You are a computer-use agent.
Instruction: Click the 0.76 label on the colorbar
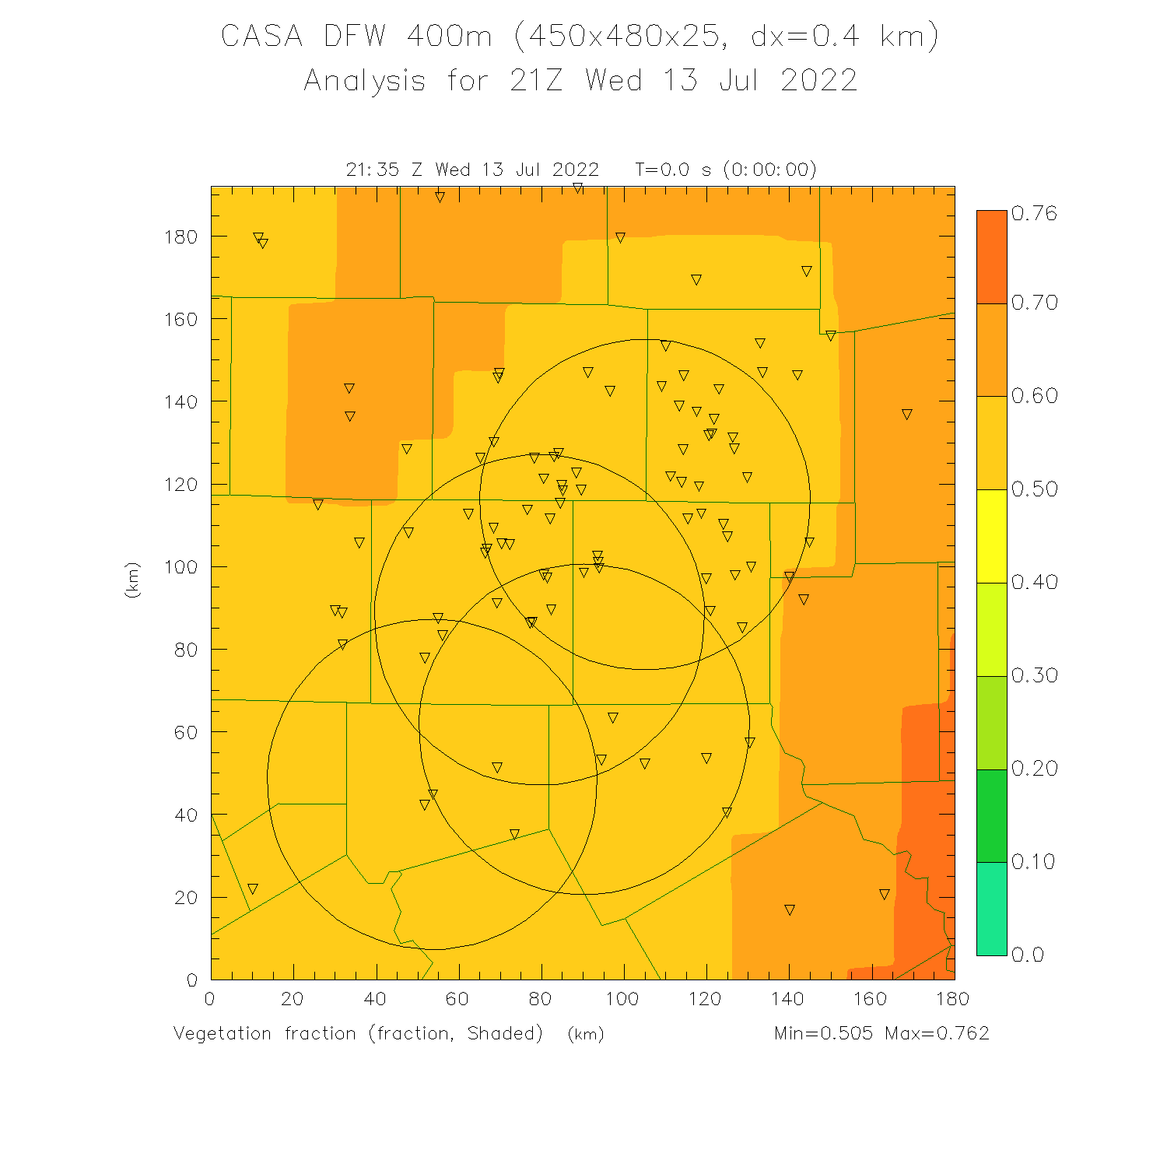[x=1034, y=214]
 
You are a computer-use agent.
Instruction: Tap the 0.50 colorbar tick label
[x=1034, y=489]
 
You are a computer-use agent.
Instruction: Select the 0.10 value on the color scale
[x=1033, y=862]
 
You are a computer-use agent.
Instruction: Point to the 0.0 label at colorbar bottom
[x=1027, y=955]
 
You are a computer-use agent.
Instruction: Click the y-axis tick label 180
[x=180, y=237]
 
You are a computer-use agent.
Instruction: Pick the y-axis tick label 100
[x=180, y=567]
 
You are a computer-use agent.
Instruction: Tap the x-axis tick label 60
[x=457, y=999]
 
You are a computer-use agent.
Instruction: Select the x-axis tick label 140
[x=788, y=999]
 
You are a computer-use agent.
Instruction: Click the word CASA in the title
[x=261, y=37]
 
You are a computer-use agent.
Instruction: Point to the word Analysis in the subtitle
[x=364, y=81]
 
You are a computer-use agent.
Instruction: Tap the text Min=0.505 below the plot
[x=823, y=1033]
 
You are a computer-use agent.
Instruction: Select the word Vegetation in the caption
[x=223, y=1033]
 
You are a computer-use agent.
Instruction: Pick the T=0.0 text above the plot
[x=662, y=170]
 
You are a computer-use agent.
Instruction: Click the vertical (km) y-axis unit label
[x=132, y=580]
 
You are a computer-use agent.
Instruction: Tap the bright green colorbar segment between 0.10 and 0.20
[x=991, y=815]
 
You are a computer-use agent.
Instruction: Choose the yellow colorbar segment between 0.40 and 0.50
[x=991, y=536]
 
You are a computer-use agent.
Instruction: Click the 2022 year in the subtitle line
[x=818, y=81]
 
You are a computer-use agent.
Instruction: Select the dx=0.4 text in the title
[x=805, y=37]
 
